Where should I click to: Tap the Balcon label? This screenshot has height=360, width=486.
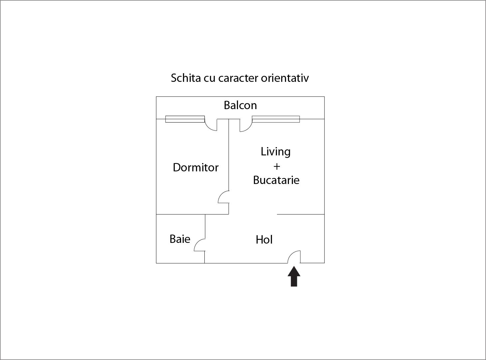pyautogui.click(x=240, y=105)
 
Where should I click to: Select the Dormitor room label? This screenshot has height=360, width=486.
pyautogui.click(x=195, y=167)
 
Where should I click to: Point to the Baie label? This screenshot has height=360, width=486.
pyautogui.click(x=180, y=239)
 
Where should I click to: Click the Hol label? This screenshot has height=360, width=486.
pyautogui.click(x=264, y=240)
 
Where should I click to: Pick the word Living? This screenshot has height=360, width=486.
pyautogui.click(x=275, y=152)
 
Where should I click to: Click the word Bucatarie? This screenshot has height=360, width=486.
pyautogui.click(x=276, y=180)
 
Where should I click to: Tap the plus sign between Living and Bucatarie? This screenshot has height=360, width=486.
pyautogui.click(x=276, y=166)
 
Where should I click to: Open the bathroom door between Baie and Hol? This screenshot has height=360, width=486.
pyautogui.click(x=200, y=245)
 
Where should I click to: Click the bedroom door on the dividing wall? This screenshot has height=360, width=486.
pyautogui.click(x=224, y=197)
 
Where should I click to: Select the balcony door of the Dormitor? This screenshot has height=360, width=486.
pyautogui.click(x=211, y=125)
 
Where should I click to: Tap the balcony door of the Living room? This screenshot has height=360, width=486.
pyautogui.click(x=246, y=125)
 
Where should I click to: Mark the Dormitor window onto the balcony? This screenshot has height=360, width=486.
pyautogui.click(x=185, y=119)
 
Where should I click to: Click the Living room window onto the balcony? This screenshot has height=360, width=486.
pyautogui.click(x=276, y=119)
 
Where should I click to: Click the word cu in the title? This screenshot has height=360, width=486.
pyautogui.click(x=209, y=78)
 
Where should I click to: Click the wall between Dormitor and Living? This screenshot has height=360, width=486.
pyautogui.click(x=229, y=156)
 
